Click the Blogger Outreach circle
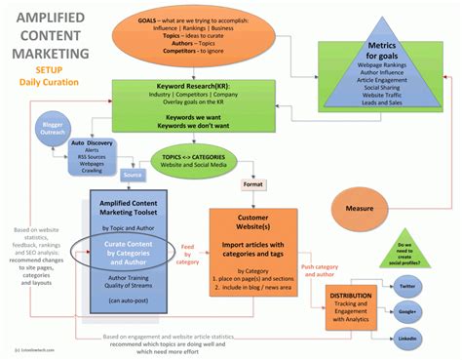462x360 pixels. (x=54, y=131)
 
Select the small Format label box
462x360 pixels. (x=253, y=183)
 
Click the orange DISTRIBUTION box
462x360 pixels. (x=349, y=305)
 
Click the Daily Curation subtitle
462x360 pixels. (x=49, y=83)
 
